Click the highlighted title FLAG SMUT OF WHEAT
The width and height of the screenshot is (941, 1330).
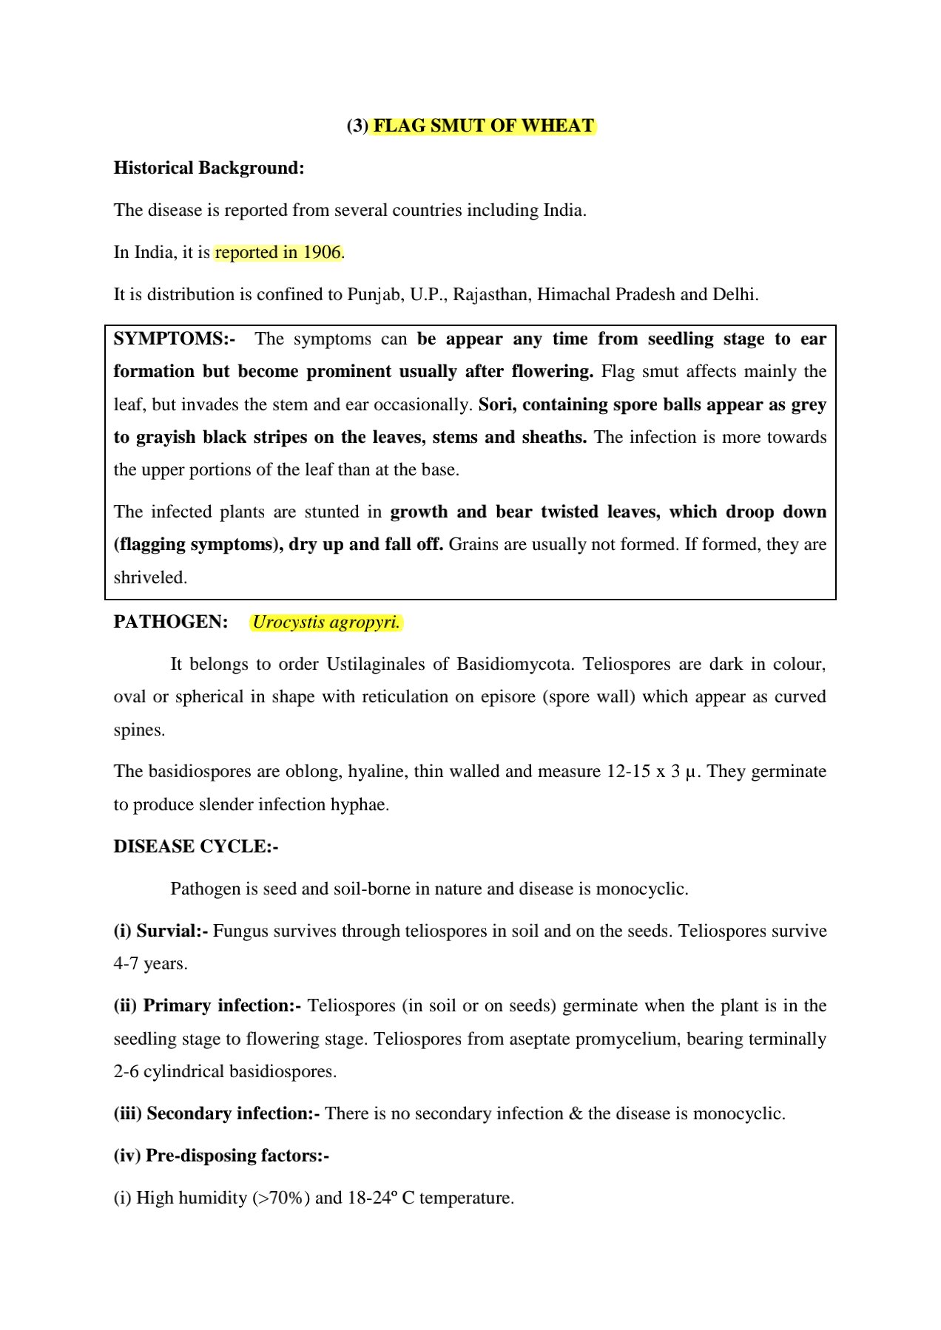pos(483,126)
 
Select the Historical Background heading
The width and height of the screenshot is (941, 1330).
pos(209,168)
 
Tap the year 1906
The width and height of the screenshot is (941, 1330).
pos(322,252)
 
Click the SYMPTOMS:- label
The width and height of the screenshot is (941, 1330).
pos(175,339)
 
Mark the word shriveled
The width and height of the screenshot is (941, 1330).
pos(150,577)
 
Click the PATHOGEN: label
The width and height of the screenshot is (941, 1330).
pos(170,622)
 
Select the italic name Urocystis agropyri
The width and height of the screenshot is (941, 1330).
pos(326,622)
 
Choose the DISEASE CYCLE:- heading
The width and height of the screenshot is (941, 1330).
pos(195,846)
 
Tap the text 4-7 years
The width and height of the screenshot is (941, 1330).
pos(150,963)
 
